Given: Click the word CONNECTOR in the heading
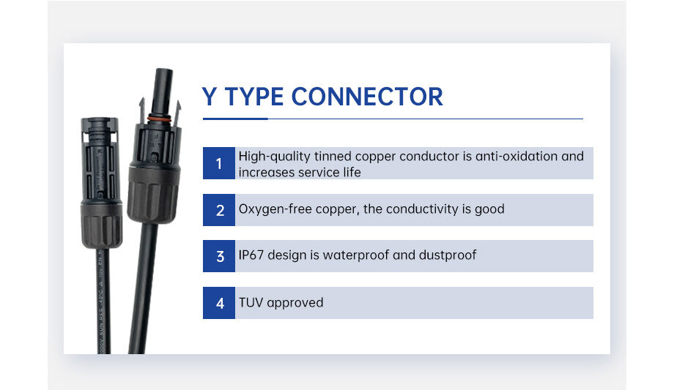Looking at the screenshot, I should [367, 97].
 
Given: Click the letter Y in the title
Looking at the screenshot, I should [210, 97].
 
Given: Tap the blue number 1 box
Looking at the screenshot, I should [219, 163].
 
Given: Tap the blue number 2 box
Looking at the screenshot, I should [219, 210].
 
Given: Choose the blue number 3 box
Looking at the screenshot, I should [219, 256].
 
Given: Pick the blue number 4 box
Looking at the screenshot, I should [219, 302].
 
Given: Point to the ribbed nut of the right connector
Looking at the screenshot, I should [153, 194].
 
